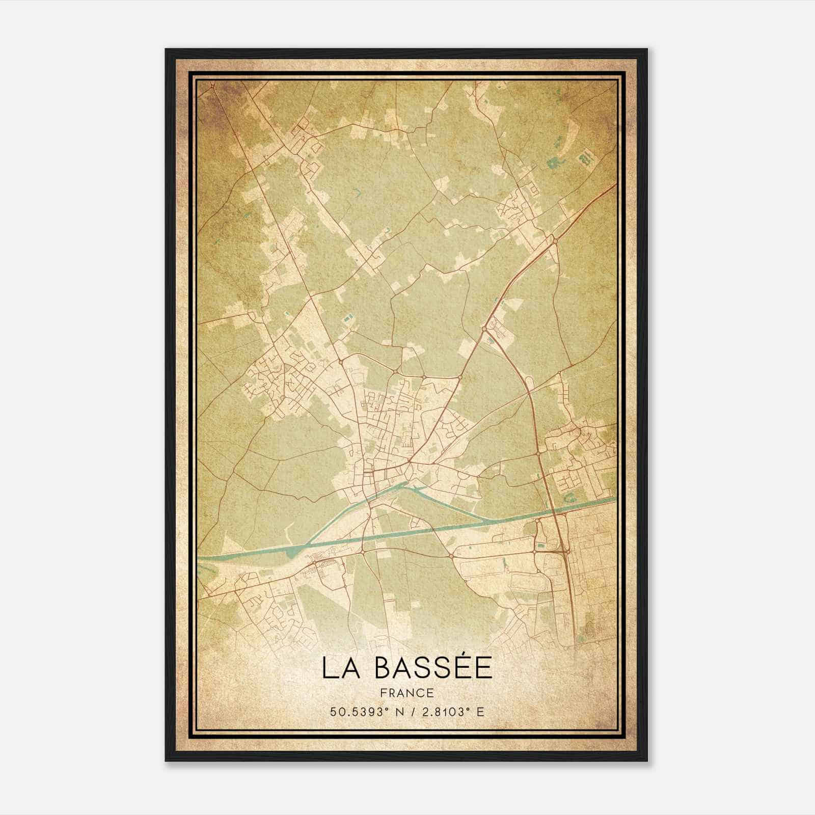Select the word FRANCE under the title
coord(406,693)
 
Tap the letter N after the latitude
coord(398,712)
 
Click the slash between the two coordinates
coord(410,712)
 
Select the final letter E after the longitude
coord(480,712)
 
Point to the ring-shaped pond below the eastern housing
coord(568,494)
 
